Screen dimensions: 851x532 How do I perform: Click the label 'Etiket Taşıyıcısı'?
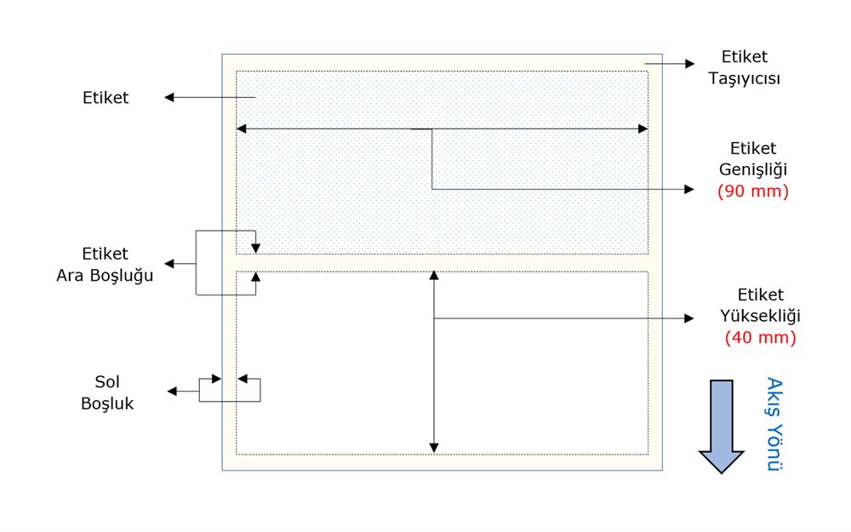744,67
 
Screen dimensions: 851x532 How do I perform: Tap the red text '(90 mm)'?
753,191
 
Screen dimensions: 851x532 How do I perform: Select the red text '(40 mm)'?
760,338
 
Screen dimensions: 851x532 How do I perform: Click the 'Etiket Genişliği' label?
753,158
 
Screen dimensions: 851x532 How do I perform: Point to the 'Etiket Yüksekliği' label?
760,305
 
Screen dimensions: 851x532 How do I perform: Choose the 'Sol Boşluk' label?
107,392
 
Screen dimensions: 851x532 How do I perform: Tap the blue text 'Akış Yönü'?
774,424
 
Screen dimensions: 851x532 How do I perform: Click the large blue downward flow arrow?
722,426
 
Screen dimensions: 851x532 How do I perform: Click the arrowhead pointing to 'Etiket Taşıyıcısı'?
690,64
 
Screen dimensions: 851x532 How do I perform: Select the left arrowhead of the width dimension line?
242,129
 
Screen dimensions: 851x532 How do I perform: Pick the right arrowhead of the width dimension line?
643,129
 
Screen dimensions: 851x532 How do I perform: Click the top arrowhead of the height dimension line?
434,275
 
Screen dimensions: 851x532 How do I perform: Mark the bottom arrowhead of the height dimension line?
434,448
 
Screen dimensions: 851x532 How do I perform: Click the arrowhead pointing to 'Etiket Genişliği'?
689,189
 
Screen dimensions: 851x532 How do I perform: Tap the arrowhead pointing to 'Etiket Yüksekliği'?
689,318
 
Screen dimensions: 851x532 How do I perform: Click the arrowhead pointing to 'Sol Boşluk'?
172,392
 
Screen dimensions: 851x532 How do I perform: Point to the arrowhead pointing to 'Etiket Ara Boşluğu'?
169,264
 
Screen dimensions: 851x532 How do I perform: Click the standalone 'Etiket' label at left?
106,98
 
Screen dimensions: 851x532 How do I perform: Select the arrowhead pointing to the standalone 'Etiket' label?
169,98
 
